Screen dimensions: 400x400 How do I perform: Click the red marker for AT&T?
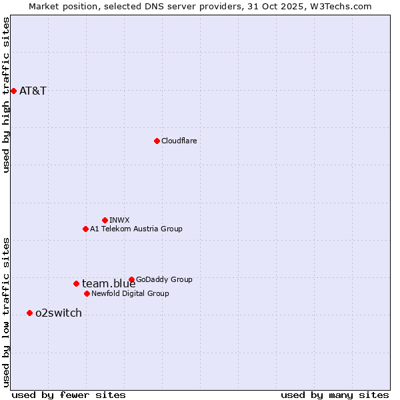pos(13,91)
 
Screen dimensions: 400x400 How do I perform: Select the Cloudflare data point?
pos(157,141)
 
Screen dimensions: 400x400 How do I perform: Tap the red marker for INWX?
pos(105,220)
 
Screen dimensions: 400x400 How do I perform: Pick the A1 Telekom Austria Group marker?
pos(85,229)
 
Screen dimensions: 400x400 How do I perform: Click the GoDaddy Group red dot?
pos(131,279)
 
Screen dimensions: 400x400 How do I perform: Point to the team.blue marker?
pos(76,283)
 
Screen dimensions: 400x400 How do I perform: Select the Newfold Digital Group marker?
pos(87,293)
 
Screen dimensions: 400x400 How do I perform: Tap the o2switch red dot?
pos(29,313)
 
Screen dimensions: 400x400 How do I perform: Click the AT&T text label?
pos(33,91)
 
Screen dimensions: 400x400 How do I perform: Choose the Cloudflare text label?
pos(179,141)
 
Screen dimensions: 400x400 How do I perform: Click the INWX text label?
pos(119,220)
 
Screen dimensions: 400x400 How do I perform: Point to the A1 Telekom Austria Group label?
pos(136,229)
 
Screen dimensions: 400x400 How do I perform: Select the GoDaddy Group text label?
pos(164,279)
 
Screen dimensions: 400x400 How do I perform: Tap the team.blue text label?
pos(109,283)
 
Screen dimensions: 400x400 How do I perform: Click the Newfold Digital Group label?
pos(130,293)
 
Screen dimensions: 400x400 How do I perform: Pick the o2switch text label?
pos(59,313)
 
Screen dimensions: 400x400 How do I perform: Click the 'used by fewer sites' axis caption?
pos(69,395)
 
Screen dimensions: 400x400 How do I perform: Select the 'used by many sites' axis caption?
pos(335,395)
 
